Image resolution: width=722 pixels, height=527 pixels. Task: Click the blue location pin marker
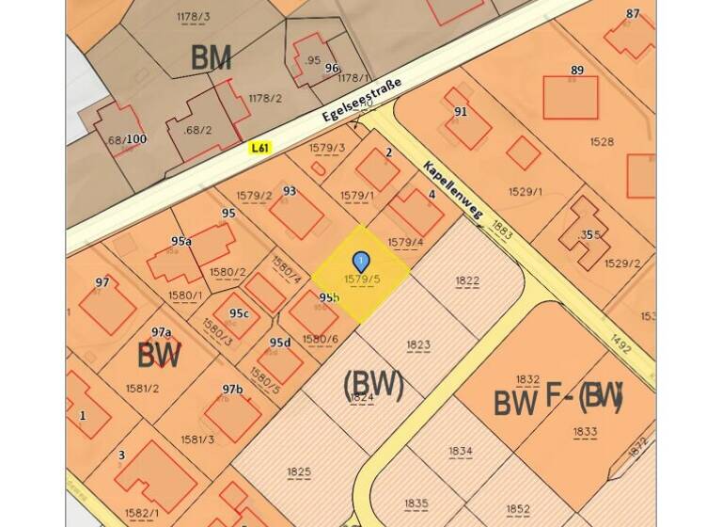coord(360,261)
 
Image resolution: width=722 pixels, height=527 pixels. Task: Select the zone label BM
coord(211,57)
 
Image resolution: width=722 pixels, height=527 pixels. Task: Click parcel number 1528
coord(602,142)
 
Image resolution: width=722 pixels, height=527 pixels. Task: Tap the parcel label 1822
coord(467,279)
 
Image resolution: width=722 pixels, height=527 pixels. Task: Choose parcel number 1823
coord(418,344)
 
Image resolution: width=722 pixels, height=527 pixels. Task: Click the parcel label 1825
coord(299,471)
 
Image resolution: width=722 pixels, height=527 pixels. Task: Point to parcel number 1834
coord(460,451)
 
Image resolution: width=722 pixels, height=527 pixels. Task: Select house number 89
coord(576,71)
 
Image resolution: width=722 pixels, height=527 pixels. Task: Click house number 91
coord(461,112)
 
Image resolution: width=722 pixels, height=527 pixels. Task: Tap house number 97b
coord(232,389)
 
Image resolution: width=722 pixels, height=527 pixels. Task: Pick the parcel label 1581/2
coord(143,388)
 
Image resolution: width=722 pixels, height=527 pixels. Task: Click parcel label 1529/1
coord(526,191)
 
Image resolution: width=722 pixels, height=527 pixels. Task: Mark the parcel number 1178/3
coord(194,16)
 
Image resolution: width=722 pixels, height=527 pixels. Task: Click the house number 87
coord(633,13)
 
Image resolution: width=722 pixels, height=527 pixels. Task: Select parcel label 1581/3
coord(198,439)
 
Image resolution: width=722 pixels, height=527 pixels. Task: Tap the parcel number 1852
coord(518,509)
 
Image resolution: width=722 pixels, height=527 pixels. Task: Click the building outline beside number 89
coord(570,97)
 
